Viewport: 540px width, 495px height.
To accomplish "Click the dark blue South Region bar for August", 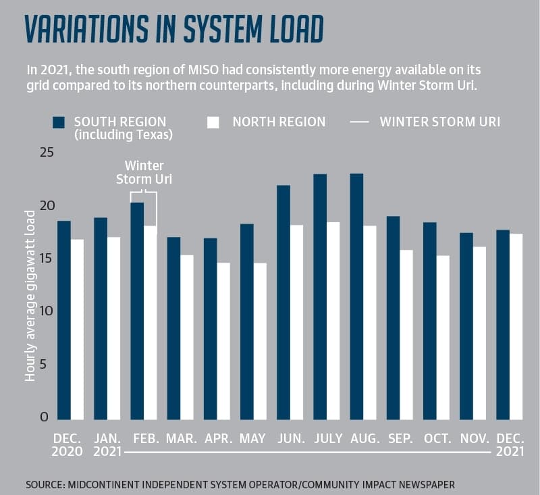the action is [x=356, y=296].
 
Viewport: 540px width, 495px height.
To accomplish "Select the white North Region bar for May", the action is [x=260, y=341].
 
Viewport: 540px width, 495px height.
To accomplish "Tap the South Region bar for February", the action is [x=137, y=311].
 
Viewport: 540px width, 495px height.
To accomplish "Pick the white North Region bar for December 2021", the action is [x=516, y=327].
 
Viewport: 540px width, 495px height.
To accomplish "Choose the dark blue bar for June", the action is [x=283, y=303].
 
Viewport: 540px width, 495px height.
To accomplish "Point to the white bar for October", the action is [x=443, y=338].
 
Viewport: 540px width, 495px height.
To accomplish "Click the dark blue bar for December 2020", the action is [x=64, y=320].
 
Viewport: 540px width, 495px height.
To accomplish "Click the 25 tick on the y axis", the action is [x=47, y=152].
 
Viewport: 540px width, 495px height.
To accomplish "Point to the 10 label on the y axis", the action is [x=47, y=311].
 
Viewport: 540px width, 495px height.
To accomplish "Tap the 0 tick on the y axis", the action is [x=44, y=417].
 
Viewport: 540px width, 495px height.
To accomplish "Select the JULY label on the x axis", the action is [x=328, y=438].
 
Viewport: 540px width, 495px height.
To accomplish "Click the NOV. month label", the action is [x=475, y=438].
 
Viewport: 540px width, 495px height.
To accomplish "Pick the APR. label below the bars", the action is [x=218, y=438].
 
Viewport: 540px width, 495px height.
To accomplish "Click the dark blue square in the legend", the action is [x=59, y=122].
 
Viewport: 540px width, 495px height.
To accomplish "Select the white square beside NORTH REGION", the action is [x=213, y=122].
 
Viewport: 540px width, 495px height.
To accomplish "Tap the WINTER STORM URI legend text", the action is [x=440, y=122].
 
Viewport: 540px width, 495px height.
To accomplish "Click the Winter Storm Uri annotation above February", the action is [x=144, y=172].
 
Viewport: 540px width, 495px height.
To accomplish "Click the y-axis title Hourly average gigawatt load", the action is [x=30, y=296].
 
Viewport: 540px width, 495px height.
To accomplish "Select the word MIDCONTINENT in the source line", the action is [x=103, y=484].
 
